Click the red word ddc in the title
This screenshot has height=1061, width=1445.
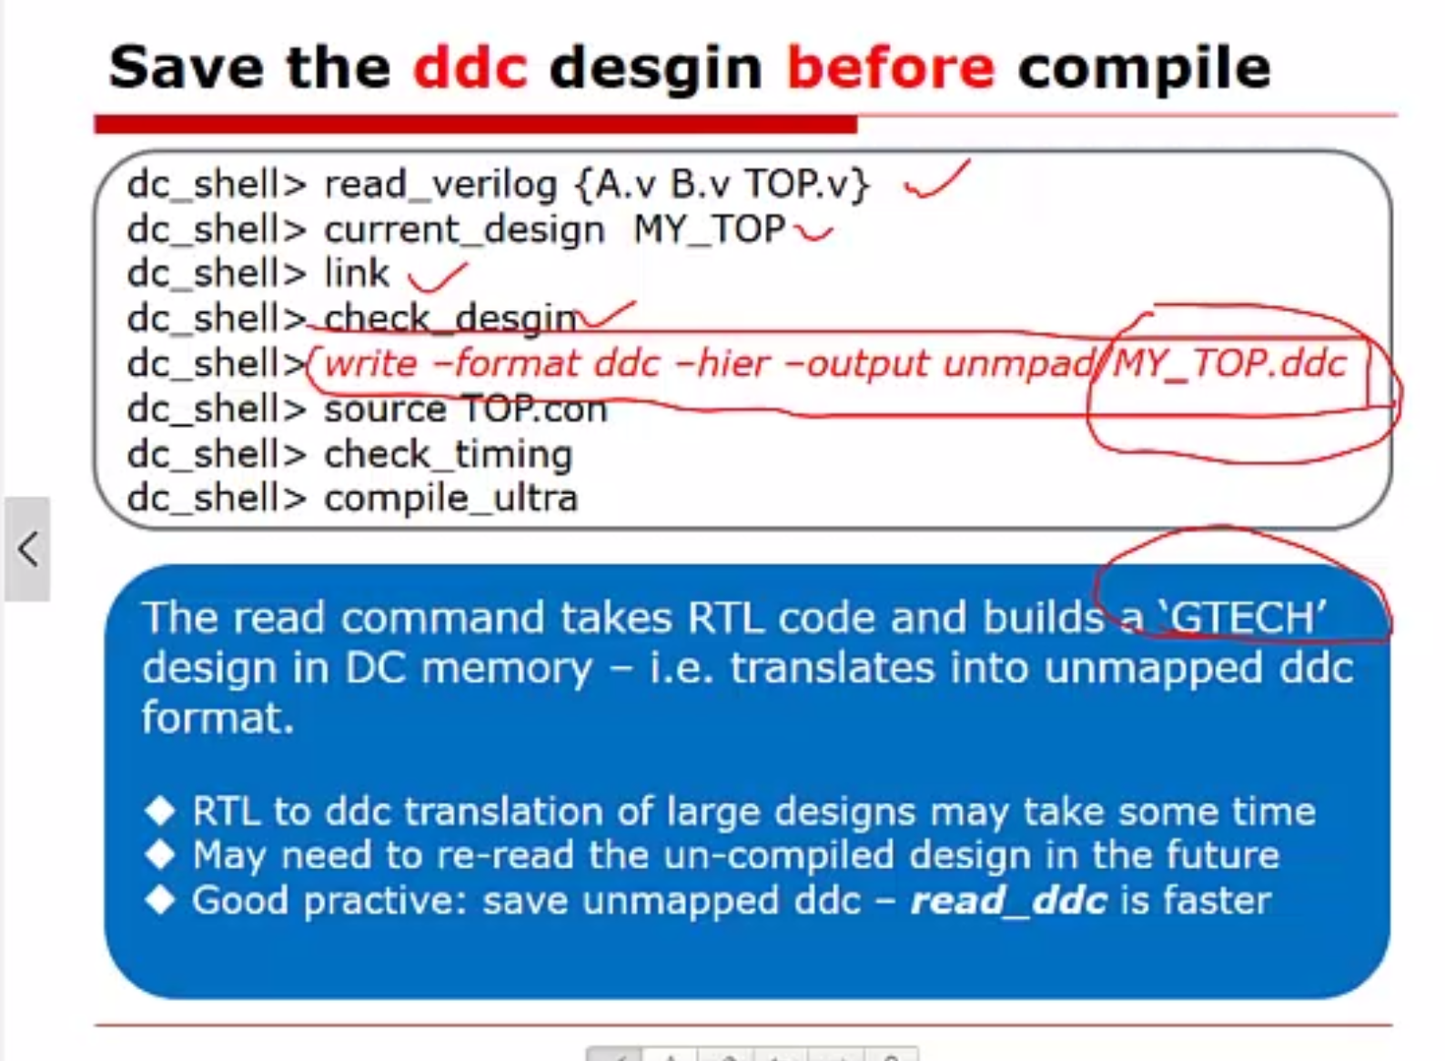pos(470,67)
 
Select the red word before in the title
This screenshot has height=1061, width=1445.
pos(891,67)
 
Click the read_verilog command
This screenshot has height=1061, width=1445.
pos(440,186)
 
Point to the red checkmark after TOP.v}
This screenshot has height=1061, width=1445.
pos(936,180)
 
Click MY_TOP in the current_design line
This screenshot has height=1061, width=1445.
pos(710,229)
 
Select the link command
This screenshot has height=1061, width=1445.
pos(357,273)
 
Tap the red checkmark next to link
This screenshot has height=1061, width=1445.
pos(437,278)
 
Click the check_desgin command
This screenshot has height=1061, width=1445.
pos(450,318)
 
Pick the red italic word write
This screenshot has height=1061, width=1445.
pos(371,364)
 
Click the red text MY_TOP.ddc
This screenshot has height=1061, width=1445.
pos(1230,364)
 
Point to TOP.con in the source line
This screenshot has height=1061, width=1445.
pos(535,409)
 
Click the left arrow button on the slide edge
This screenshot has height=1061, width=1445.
pos(27,550)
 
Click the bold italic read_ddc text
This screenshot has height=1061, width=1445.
pos(1009,901)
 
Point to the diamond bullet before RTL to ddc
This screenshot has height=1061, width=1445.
pos(161,811)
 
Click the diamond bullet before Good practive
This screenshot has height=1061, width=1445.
pos(161,900)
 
